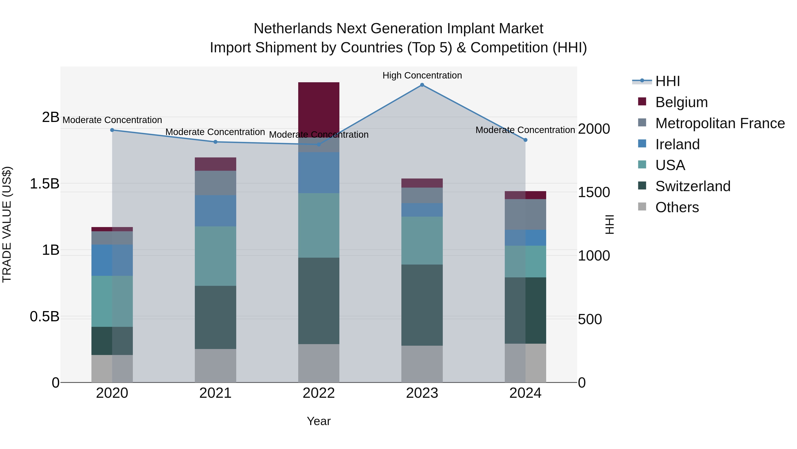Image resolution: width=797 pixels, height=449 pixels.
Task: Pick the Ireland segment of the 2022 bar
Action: [319, 173]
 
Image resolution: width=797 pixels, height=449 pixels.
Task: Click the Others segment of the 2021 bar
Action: [215, 366]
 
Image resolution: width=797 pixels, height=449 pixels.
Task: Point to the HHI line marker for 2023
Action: [422, 85]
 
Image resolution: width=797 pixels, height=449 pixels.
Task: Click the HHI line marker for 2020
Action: [112, 130]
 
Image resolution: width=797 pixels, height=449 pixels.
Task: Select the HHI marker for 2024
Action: [525, 140]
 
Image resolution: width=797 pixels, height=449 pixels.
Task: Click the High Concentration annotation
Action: [422, 76]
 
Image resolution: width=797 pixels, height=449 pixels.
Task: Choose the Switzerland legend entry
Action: [693, 186]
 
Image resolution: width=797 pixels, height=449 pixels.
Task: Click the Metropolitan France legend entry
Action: [720, 123]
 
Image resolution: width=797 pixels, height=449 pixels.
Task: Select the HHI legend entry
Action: [667, 81]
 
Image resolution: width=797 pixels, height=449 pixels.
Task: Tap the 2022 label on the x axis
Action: [319, 393]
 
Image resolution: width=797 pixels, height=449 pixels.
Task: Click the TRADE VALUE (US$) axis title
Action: [7, 224]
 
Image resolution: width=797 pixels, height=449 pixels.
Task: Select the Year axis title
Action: [319, 421]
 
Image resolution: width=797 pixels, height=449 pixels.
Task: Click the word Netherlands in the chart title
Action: [293, 29]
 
